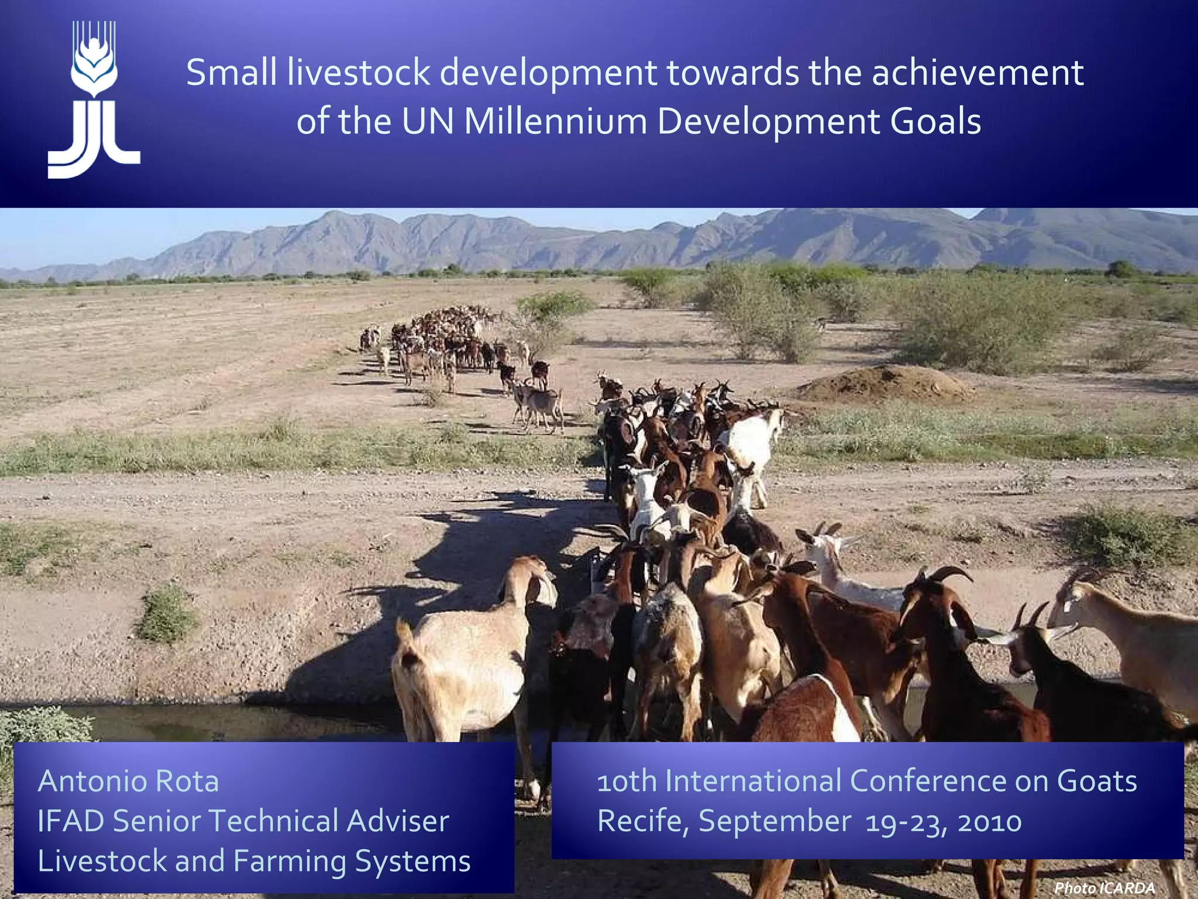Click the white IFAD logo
coord(94,99)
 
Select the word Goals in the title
coord(935,122)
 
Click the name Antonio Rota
coord(128,781)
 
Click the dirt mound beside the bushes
coord(883,384)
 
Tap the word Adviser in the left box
coord(398,821)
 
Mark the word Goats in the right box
coord(1097,781)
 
